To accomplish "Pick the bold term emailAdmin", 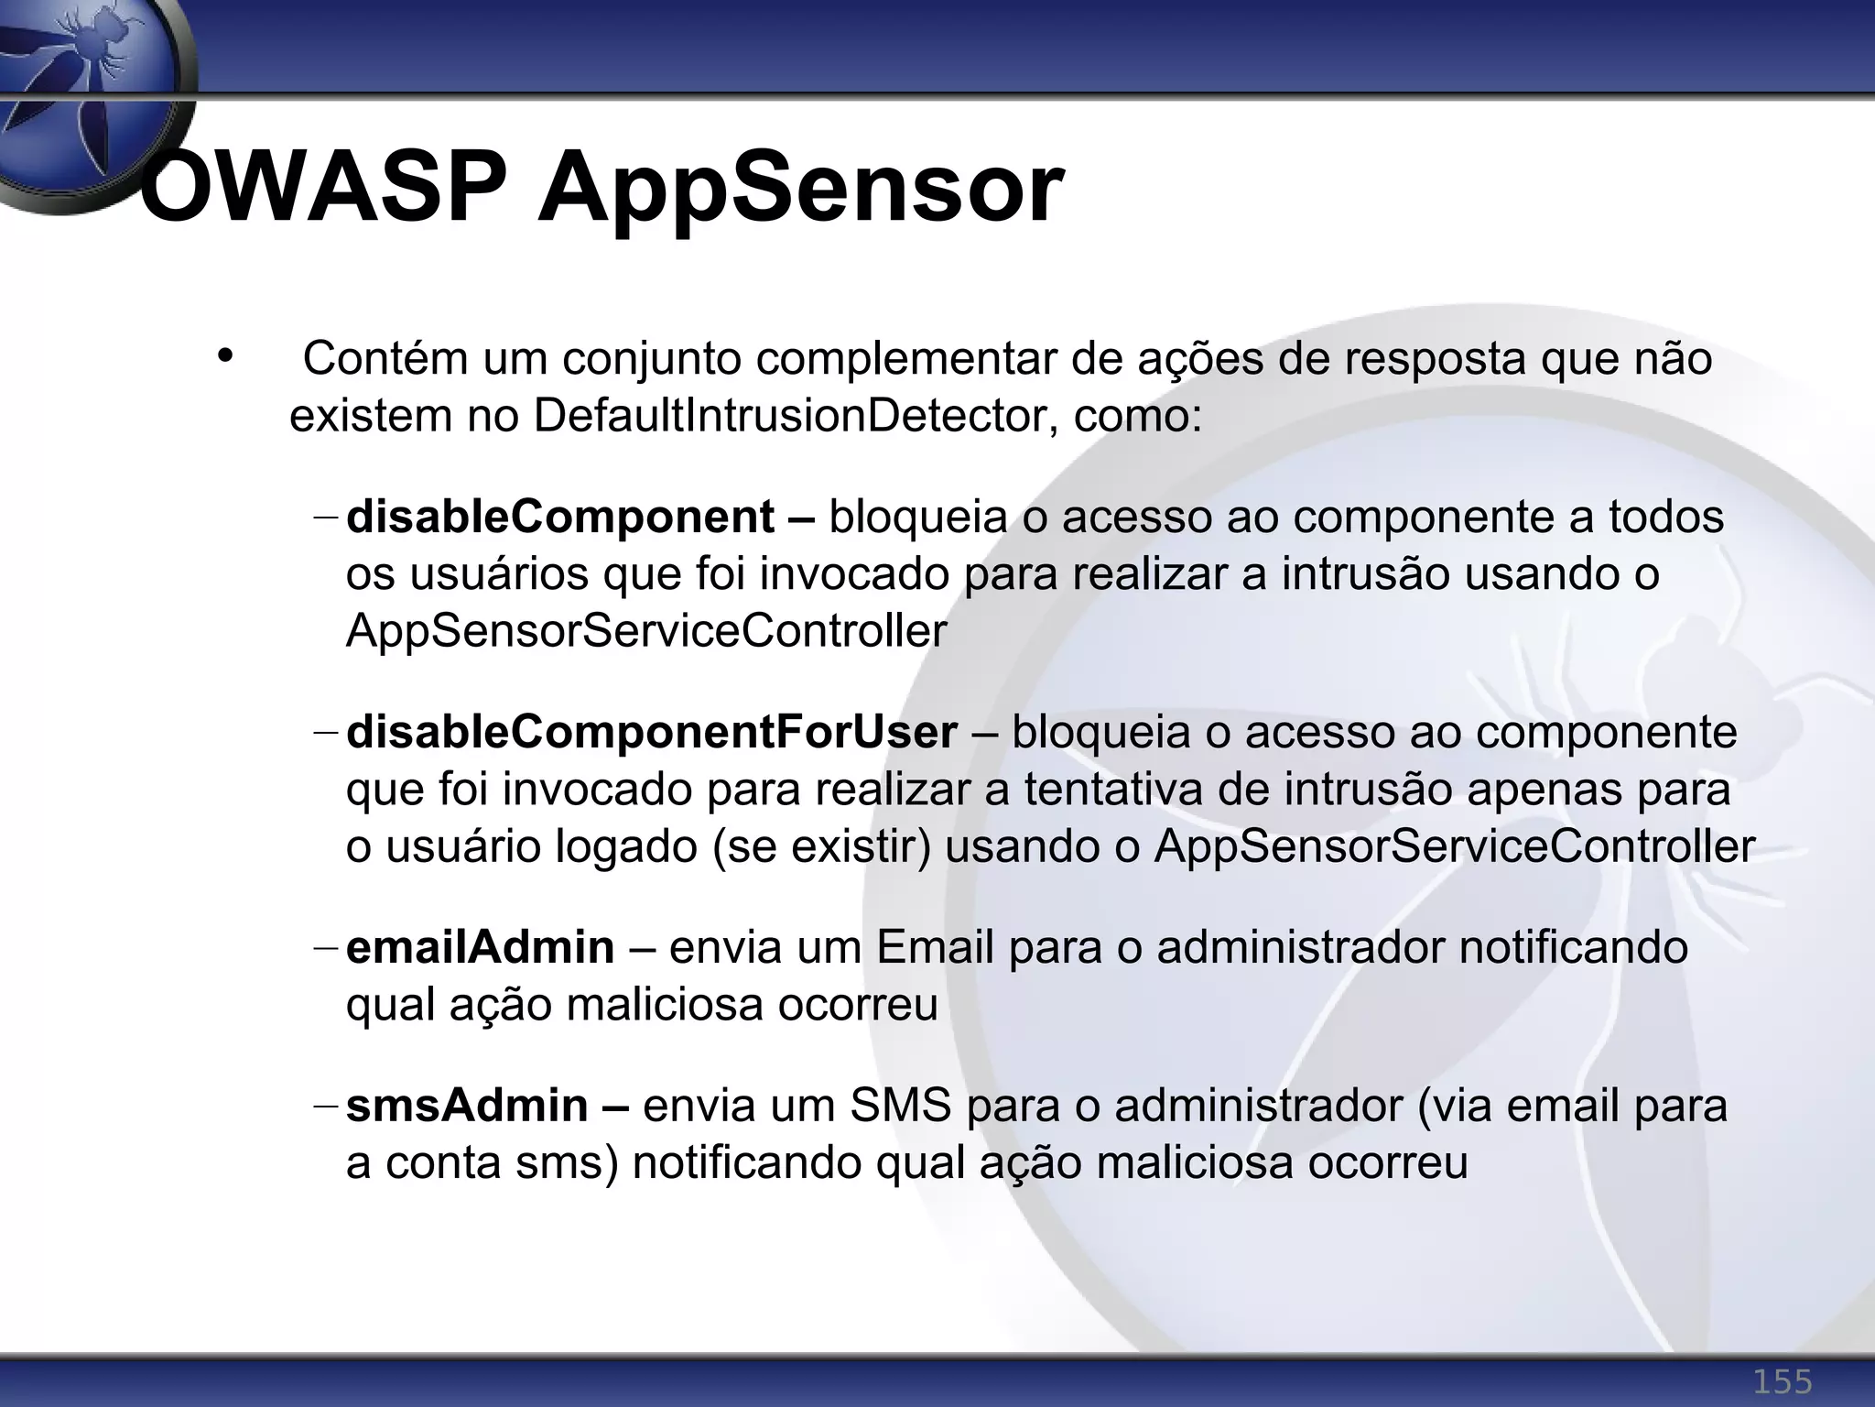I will click(x=481, y=947).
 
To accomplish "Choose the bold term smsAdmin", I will click(x=467, y=1106).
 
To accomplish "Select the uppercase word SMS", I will click(x=900, y=1106).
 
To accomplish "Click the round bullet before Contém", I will click(x=225, y=355).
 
